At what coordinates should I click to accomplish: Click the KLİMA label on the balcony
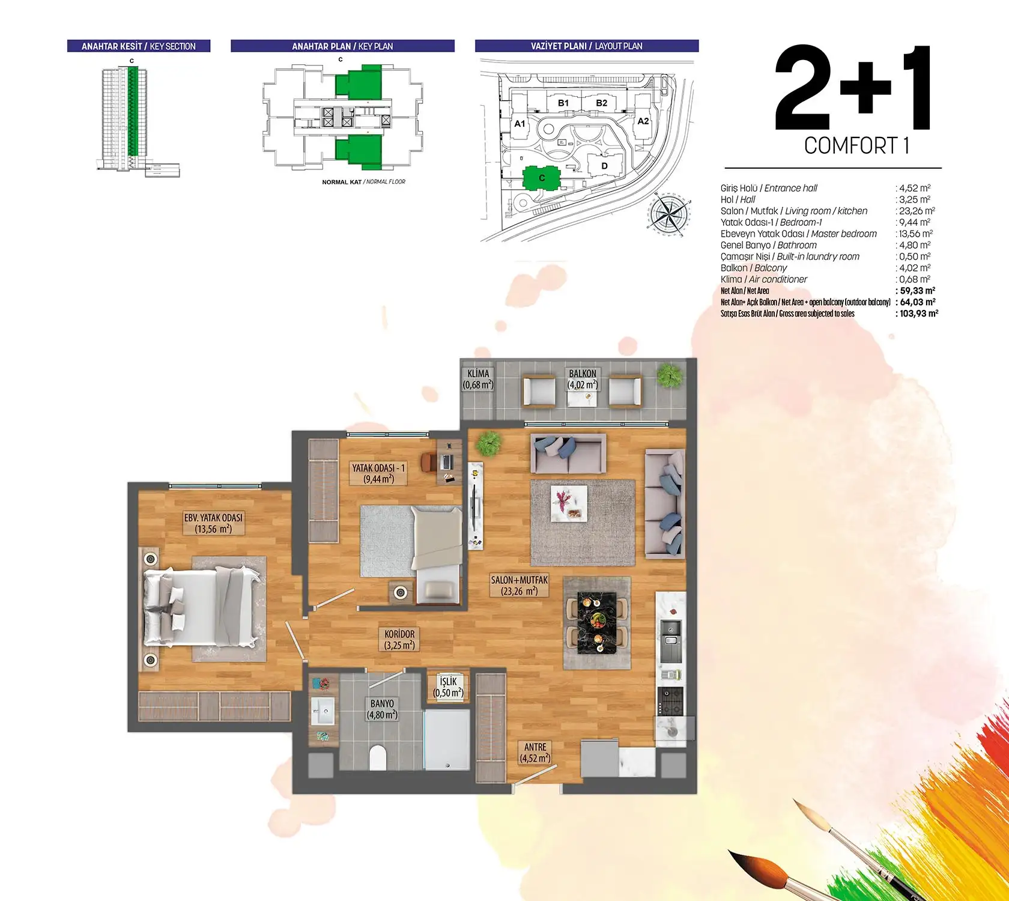click(x=478, y=379)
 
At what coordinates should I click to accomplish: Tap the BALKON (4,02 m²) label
click(x=583, y=379)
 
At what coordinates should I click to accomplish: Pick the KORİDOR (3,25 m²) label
click(x=399, y=640)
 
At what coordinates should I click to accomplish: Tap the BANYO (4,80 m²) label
click(x=382, y=709)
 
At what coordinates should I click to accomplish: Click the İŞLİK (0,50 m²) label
click(x=448, y=687)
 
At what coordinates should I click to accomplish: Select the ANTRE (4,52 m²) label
click(x=535, y=753)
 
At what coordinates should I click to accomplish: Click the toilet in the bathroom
click(x=378, y=757)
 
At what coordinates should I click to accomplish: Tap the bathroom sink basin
click(x=324, y=712)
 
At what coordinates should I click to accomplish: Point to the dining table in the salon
click(x=596, y=623)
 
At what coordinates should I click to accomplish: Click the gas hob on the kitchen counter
click(x=671, y=702)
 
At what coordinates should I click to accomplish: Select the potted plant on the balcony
click(x=669, y=376)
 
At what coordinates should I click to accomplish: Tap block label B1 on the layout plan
click(x=563, y=103)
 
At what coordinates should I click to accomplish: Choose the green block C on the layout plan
click(x=542, y=178)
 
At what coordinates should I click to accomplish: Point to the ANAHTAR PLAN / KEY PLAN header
click(x=342, y=46)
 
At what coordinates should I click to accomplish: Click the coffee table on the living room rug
click(x=569, y=503)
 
